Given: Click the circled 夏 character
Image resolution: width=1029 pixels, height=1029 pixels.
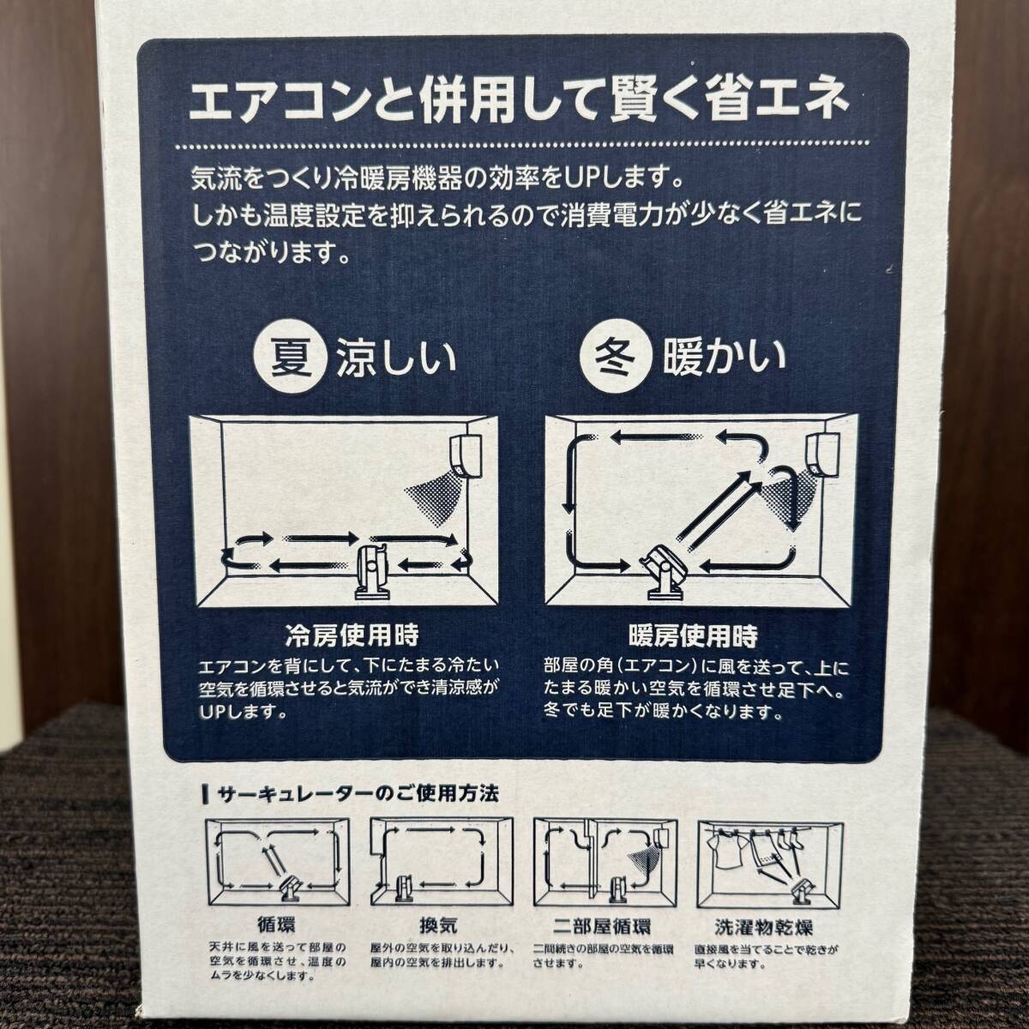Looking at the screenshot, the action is (291, 356).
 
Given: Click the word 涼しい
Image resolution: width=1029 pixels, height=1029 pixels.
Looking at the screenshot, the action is (395, 357).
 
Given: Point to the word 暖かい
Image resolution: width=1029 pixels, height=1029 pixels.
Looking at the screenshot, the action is (724, 356).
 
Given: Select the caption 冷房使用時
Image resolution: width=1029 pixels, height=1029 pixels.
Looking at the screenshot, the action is (352, 636).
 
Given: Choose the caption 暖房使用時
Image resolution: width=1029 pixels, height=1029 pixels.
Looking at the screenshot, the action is (693, 636).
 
